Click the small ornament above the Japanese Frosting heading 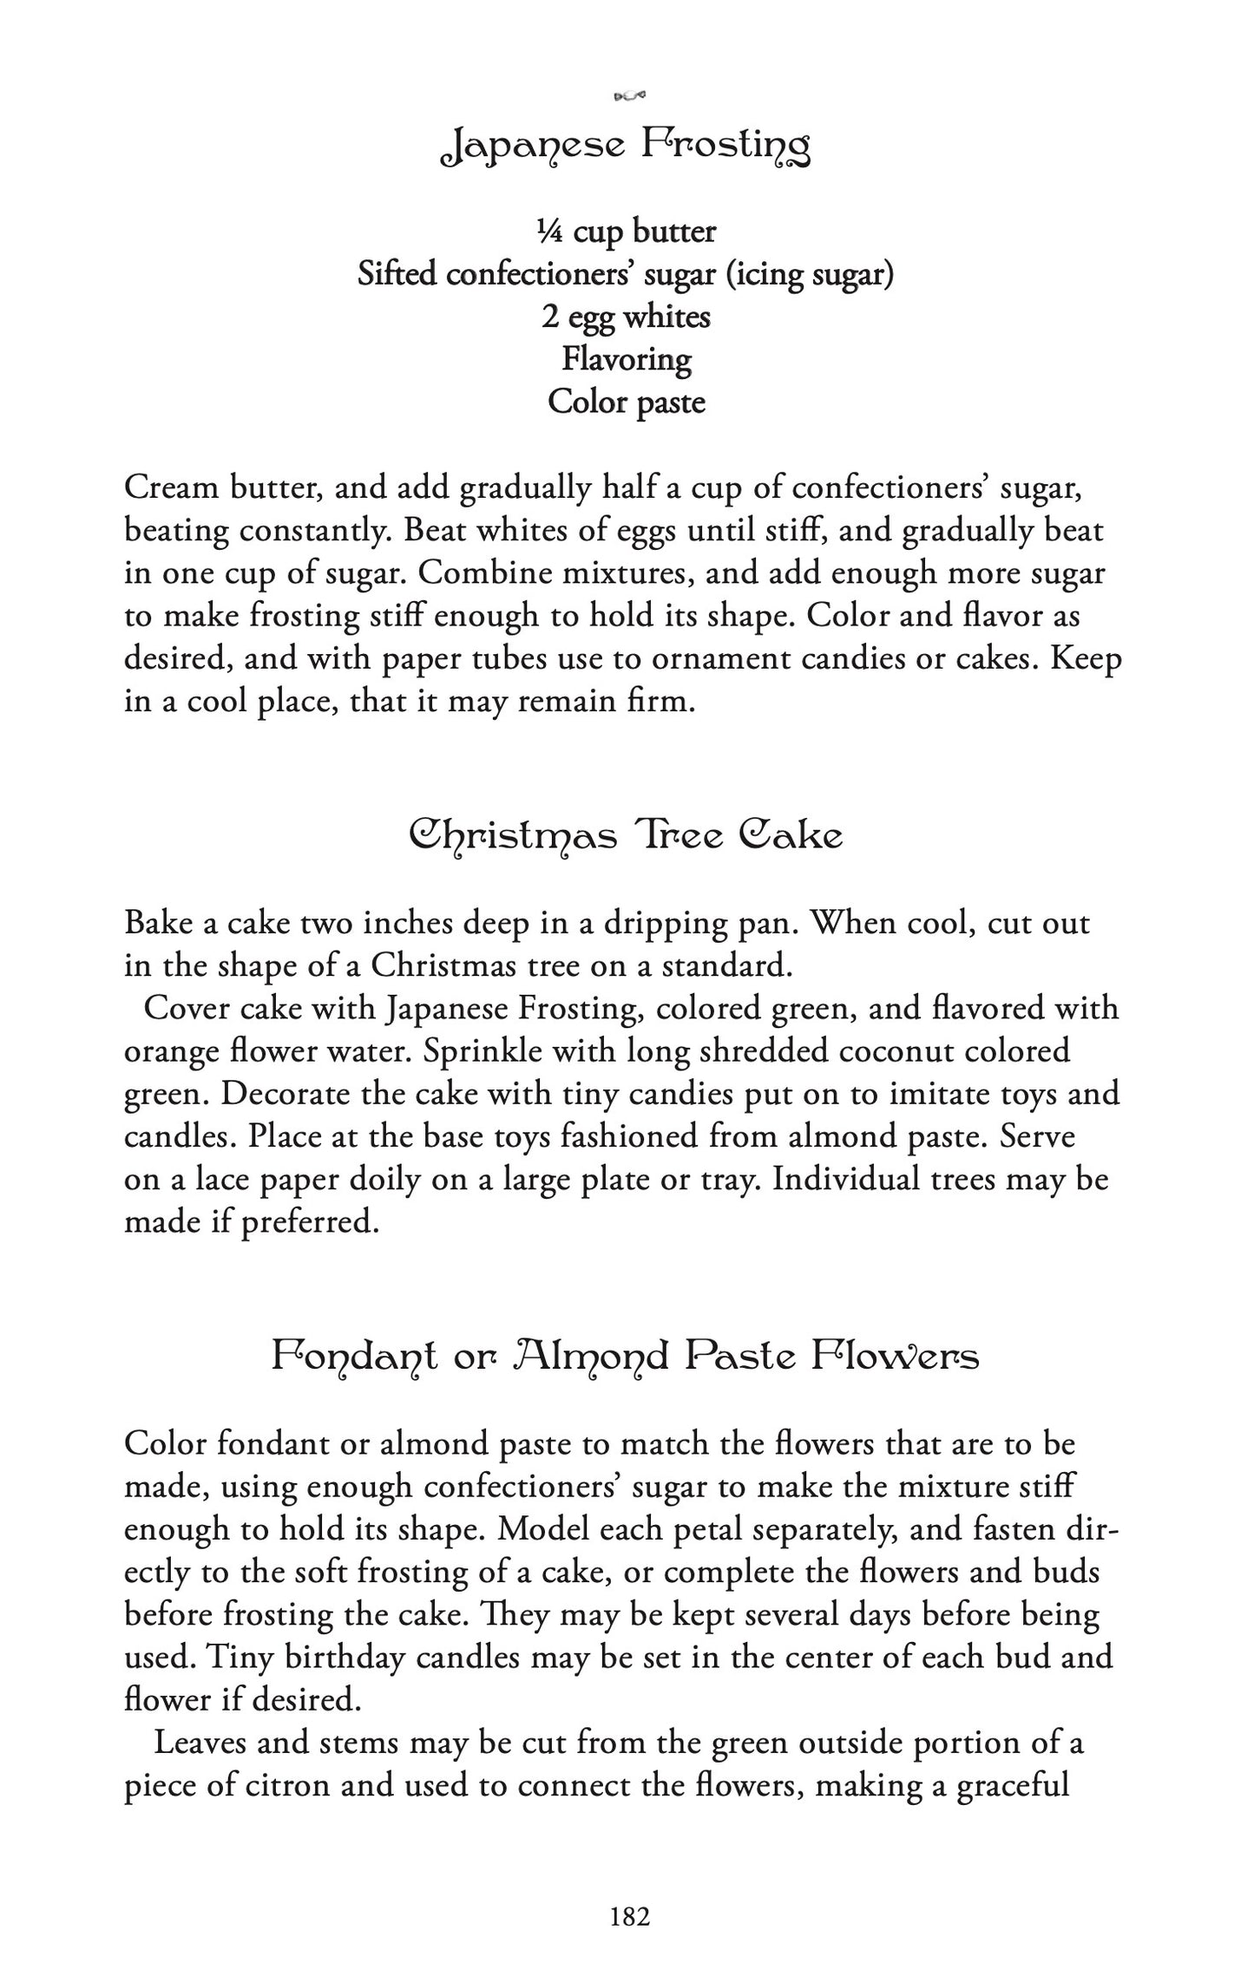(x=630, y=95)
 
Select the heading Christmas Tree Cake (x=626, y=836)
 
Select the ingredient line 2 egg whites (x=626, y=317)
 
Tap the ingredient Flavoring (x=626, y=359)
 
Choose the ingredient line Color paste (x=626, y=402)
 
